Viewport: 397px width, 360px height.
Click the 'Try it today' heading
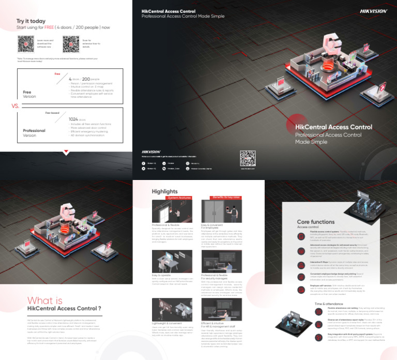31,21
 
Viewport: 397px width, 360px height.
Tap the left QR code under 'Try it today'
25,44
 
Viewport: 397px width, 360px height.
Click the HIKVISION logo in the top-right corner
373,10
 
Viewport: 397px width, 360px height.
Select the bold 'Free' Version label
27,93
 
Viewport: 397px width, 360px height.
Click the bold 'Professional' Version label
34,131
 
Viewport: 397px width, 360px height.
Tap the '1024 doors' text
78,119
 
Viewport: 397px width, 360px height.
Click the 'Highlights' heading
164,191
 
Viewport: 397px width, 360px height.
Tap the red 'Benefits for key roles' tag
227,197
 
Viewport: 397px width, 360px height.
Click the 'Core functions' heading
316,221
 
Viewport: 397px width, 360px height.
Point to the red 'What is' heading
44,301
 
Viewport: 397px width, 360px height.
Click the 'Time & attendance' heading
329,304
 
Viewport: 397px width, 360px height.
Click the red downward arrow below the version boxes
66,152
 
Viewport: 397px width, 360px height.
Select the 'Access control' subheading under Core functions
308,227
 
